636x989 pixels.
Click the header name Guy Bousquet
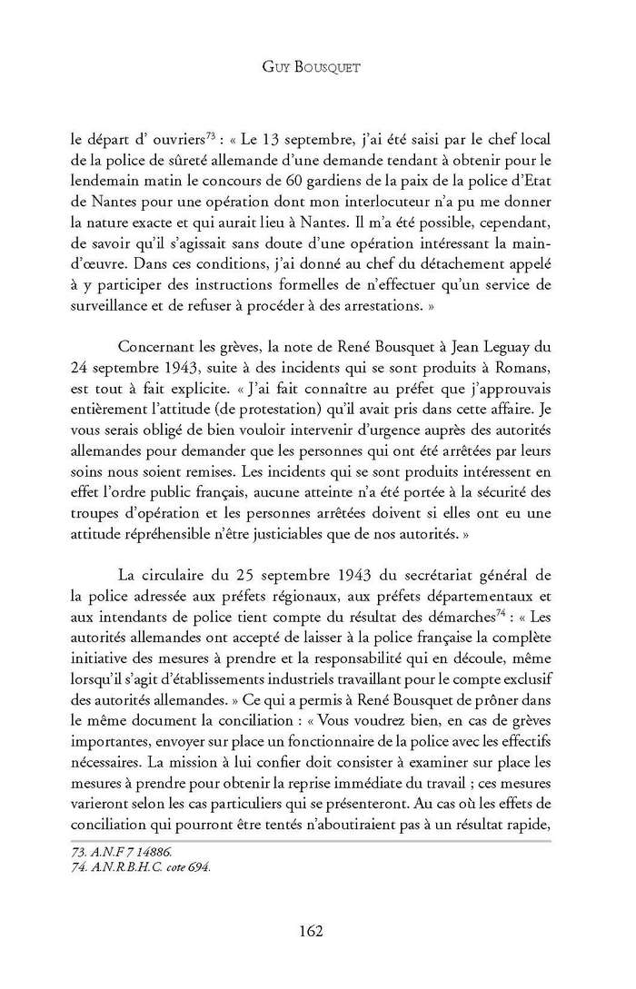317,68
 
